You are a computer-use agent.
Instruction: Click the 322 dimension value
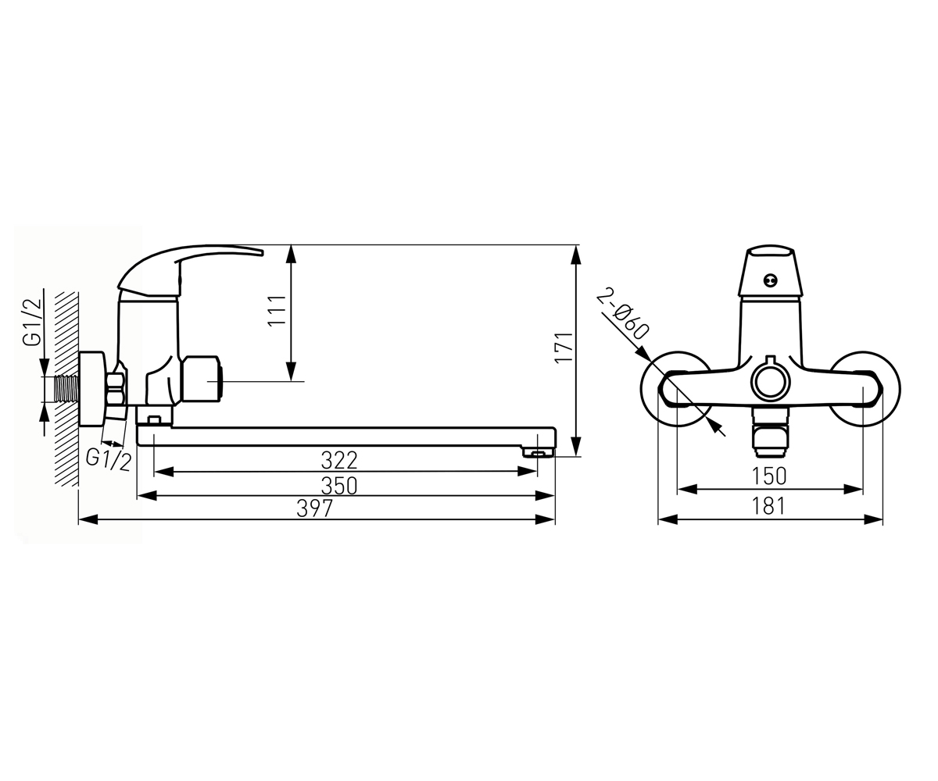click(339, 461)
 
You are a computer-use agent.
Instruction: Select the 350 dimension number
click(339, 486)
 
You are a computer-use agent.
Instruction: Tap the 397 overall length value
click(315, 508)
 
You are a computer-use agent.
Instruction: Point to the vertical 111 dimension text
click(277, 311)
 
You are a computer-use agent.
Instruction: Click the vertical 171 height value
click(564, 348)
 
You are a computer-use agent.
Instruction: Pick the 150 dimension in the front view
click(769, 476)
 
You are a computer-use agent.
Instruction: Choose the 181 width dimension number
click(769, 506)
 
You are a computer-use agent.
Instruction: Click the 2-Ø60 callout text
click(623, 314)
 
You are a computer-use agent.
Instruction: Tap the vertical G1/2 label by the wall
click(32, 316)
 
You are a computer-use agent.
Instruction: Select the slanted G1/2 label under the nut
click(109, 460)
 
